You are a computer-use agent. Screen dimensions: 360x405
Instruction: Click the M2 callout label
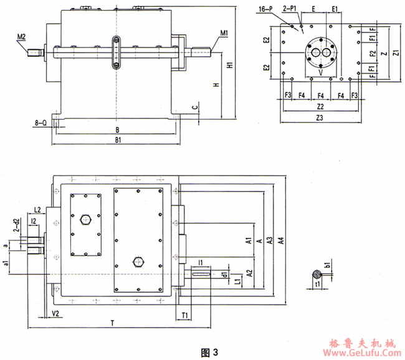tap(21, 37)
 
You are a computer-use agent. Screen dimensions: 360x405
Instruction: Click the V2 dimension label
tap(55, 313)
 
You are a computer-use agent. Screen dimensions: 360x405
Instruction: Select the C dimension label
tap(195, 107)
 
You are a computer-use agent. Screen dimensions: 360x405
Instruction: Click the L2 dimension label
tap(37, 209)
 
